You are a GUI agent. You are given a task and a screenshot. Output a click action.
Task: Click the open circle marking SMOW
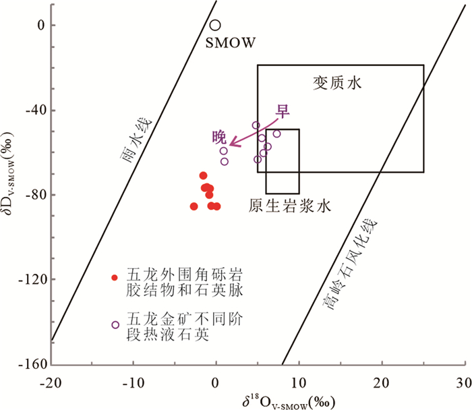(x=215, y=25)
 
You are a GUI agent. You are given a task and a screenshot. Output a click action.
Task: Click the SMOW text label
(x=230, y=43)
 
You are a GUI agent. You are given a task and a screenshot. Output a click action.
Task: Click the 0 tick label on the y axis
(x=41, y=25)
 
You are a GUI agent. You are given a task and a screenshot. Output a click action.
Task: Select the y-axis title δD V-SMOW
(x=11, y=196)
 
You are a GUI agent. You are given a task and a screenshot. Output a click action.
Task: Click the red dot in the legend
(x=115, y=277)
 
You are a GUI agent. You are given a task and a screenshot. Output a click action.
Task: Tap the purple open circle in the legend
(x=115, y=324)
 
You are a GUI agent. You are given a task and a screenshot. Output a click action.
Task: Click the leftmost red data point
(x=194, y=206)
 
